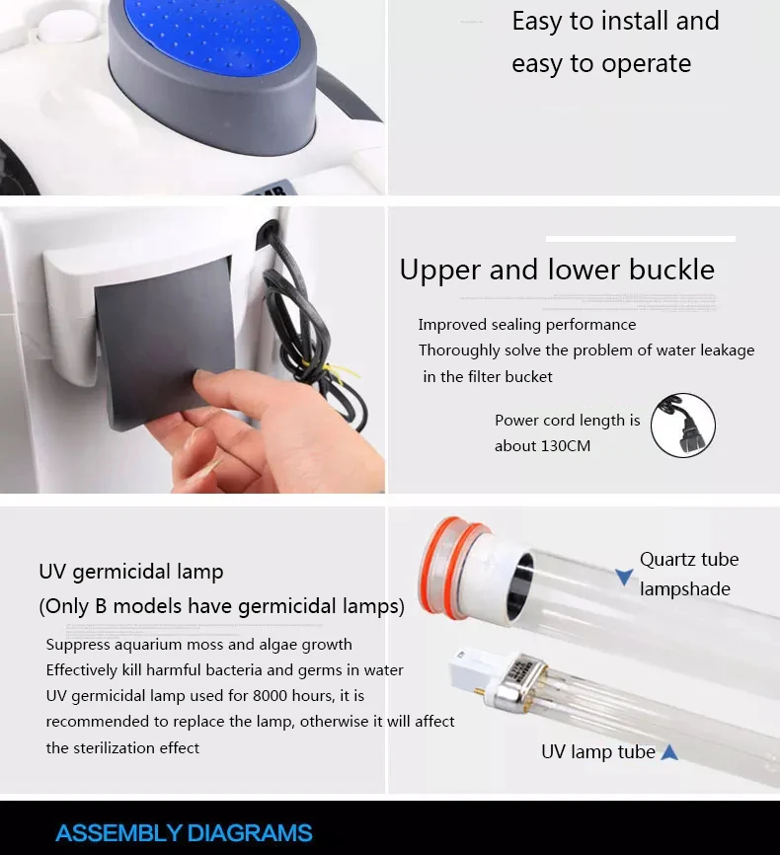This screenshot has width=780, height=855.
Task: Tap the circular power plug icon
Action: (x=683, y=426)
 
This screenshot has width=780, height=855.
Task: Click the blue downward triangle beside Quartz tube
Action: (x=624, y=577)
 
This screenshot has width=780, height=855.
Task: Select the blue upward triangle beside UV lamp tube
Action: (x=669, y=752)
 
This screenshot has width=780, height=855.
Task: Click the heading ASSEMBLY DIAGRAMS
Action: (x=184, y=833)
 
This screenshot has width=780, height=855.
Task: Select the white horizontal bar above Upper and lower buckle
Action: (x=641, y=239)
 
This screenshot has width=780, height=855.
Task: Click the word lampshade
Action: (x=684, y=589)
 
